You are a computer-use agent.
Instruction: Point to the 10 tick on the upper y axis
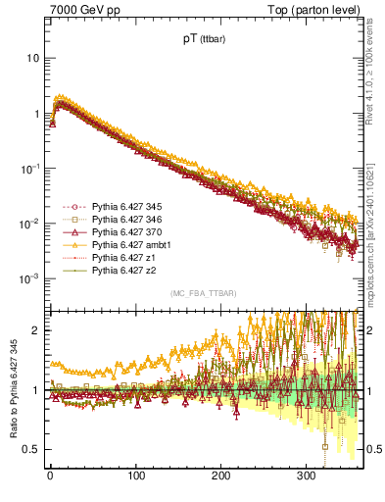coord(32,58)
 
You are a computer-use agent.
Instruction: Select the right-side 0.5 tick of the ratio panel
coord(369,449)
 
